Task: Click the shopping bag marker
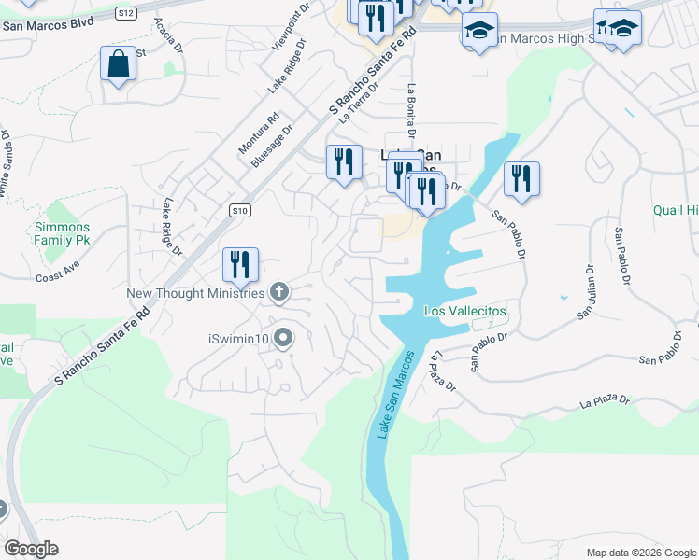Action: click(x=118, y=64)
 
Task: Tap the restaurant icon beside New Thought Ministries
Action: click(x=240, y=265)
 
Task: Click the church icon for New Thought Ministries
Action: click(x=278, y=293)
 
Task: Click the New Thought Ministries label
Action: click(x=196, y=294)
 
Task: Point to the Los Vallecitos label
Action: click(x=464, y=311)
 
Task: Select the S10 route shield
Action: click(x=241, y=211)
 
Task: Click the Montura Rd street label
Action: click(x=259, y=133)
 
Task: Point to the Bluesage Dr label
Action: click(x=272, y=146)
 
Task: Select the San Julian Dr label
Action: click(x=586, y=293)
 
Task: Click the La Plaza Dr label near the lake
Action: click(x=441, y=371)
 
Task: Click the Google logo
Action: click(x=31, y=549)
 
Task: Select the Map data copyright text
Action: click(x=641, y=553)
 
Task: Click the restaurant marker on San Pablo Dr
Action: click(x=521, y=179)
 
